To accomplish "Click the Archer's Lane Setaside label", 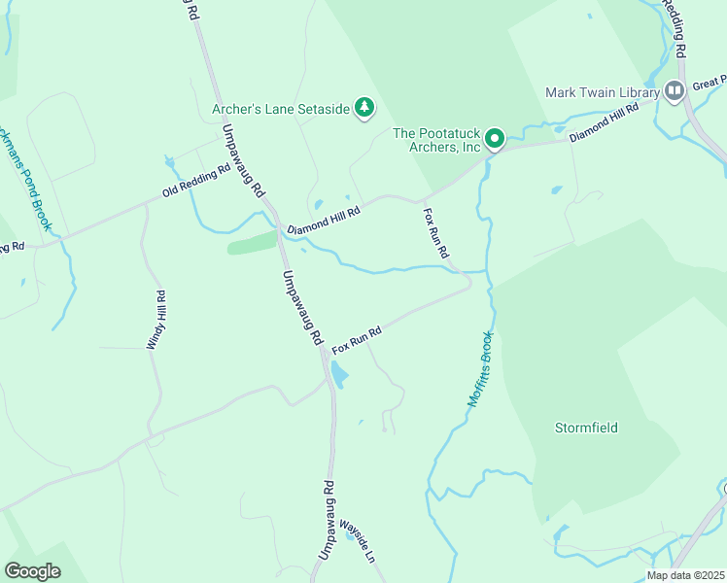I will click(280, 109).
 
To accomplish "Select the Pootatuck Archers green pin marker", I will click(494, 140).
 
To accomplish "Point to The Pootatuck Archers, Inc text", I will click(437, 140).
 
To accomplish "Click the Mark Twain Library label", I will click(602, 92).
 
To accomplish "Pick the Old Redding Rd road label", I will click(196, 181).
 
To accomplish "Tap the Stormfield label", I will click(586, 428).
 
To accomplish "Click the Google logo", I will click(32, 571).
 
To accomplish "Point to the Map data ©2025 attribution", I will click(684, 575).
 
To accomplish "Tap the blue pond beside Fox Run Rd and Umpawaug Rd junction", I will click(338, 373).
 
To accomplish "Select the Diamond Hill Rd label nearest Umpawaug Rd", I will click(324, 219).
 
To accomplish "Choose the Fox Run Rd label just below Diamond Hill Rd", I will click(435, 231).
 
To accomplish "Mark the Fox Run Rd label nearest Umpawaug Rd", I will click(357, 339).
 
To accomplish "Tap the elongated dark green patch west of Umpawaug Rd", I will click(252, 243).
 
